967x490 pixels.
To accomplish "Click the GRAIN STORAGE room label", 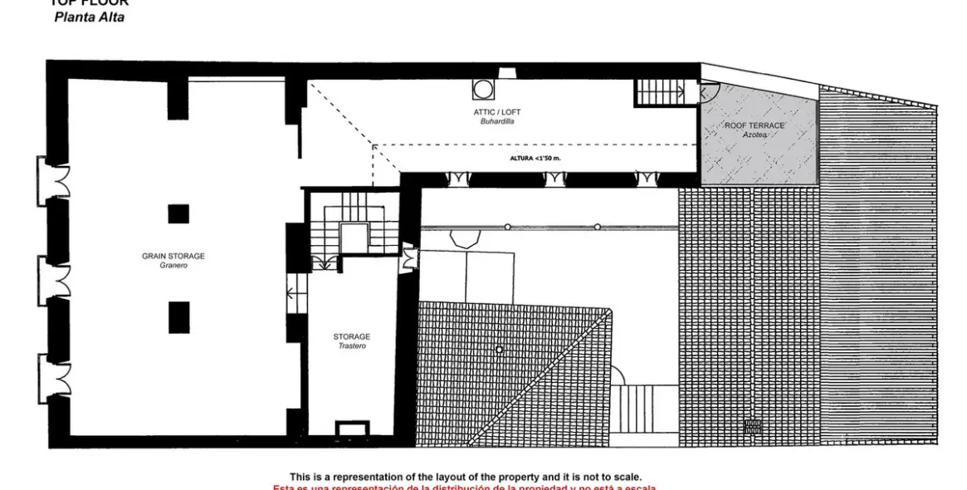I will tap(173, 256).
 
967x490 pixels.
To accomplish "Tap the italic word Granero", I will tap(173, 266).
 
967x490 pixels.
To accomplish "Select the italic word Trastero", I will tap(351, 345).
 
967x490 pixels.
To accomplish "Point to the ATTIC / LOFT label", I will tap(498, 112).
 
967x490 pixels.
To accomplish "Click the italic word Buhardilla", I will tap(498, 121).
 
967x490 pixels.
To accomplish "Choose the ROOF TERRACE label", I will tap(755, 125).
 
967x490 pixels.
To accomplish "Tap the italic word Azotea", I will tap(755, 135).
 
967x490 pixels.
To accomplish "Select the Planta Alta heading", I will tap(90, 17).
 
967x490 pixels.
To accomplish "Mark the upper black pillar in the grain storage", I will tap(178, 213).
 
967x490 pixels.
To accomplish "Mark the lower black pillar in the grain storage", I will tap(178, 317).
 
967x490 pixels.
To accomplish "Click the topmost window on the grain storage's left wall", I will tap(57, 176).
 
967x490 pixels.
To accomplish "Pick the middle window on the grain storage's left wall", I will tap(57, 276).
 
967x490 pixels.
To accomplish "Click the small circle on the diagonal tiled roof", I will tap(499, 350).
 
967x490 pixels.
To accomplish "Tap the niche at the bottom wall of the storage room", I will tap(352, 429).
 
